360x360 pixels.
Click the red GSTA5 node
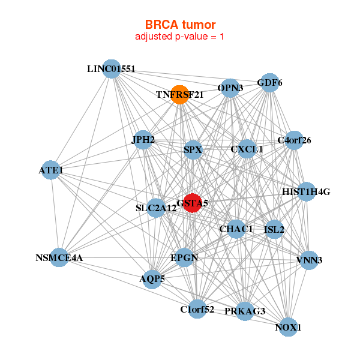coord(193,203)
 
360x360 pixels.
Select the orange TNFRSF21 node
coord(180,95)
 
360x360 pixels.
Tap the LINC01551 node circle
coord(112,69)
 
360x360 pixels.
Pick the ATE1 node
coord(51,170)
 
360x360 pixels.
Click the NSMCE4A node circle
coord(59,257)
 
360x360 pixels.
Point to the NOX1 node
coord(288,327)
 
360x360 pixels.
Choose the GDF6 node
coord(270,83)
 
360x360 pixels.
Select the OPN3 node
coord(230,88)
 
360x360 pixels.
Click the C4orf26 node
coord(294,140)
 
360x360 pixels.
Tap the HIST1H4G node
coord(306,192)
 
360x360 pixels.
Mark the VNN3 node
coord(309,260)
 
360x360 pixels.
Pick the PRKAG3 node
coord(245,311)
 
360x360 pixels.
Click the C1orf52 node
coord(197,309)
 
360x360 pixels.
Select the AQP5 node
coord(152,279)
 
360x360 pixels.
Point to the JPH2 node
coord(143,140)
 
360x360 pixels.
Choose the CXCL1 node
coord(247,149)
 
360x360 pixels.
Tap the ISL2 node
coord(274,229)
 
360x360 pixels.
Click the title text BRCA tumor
coord(180,25)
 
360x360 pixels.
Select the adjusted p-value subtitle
coord(179,37)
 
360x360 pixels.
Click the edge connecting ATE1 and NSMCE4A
coord(55,214)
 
